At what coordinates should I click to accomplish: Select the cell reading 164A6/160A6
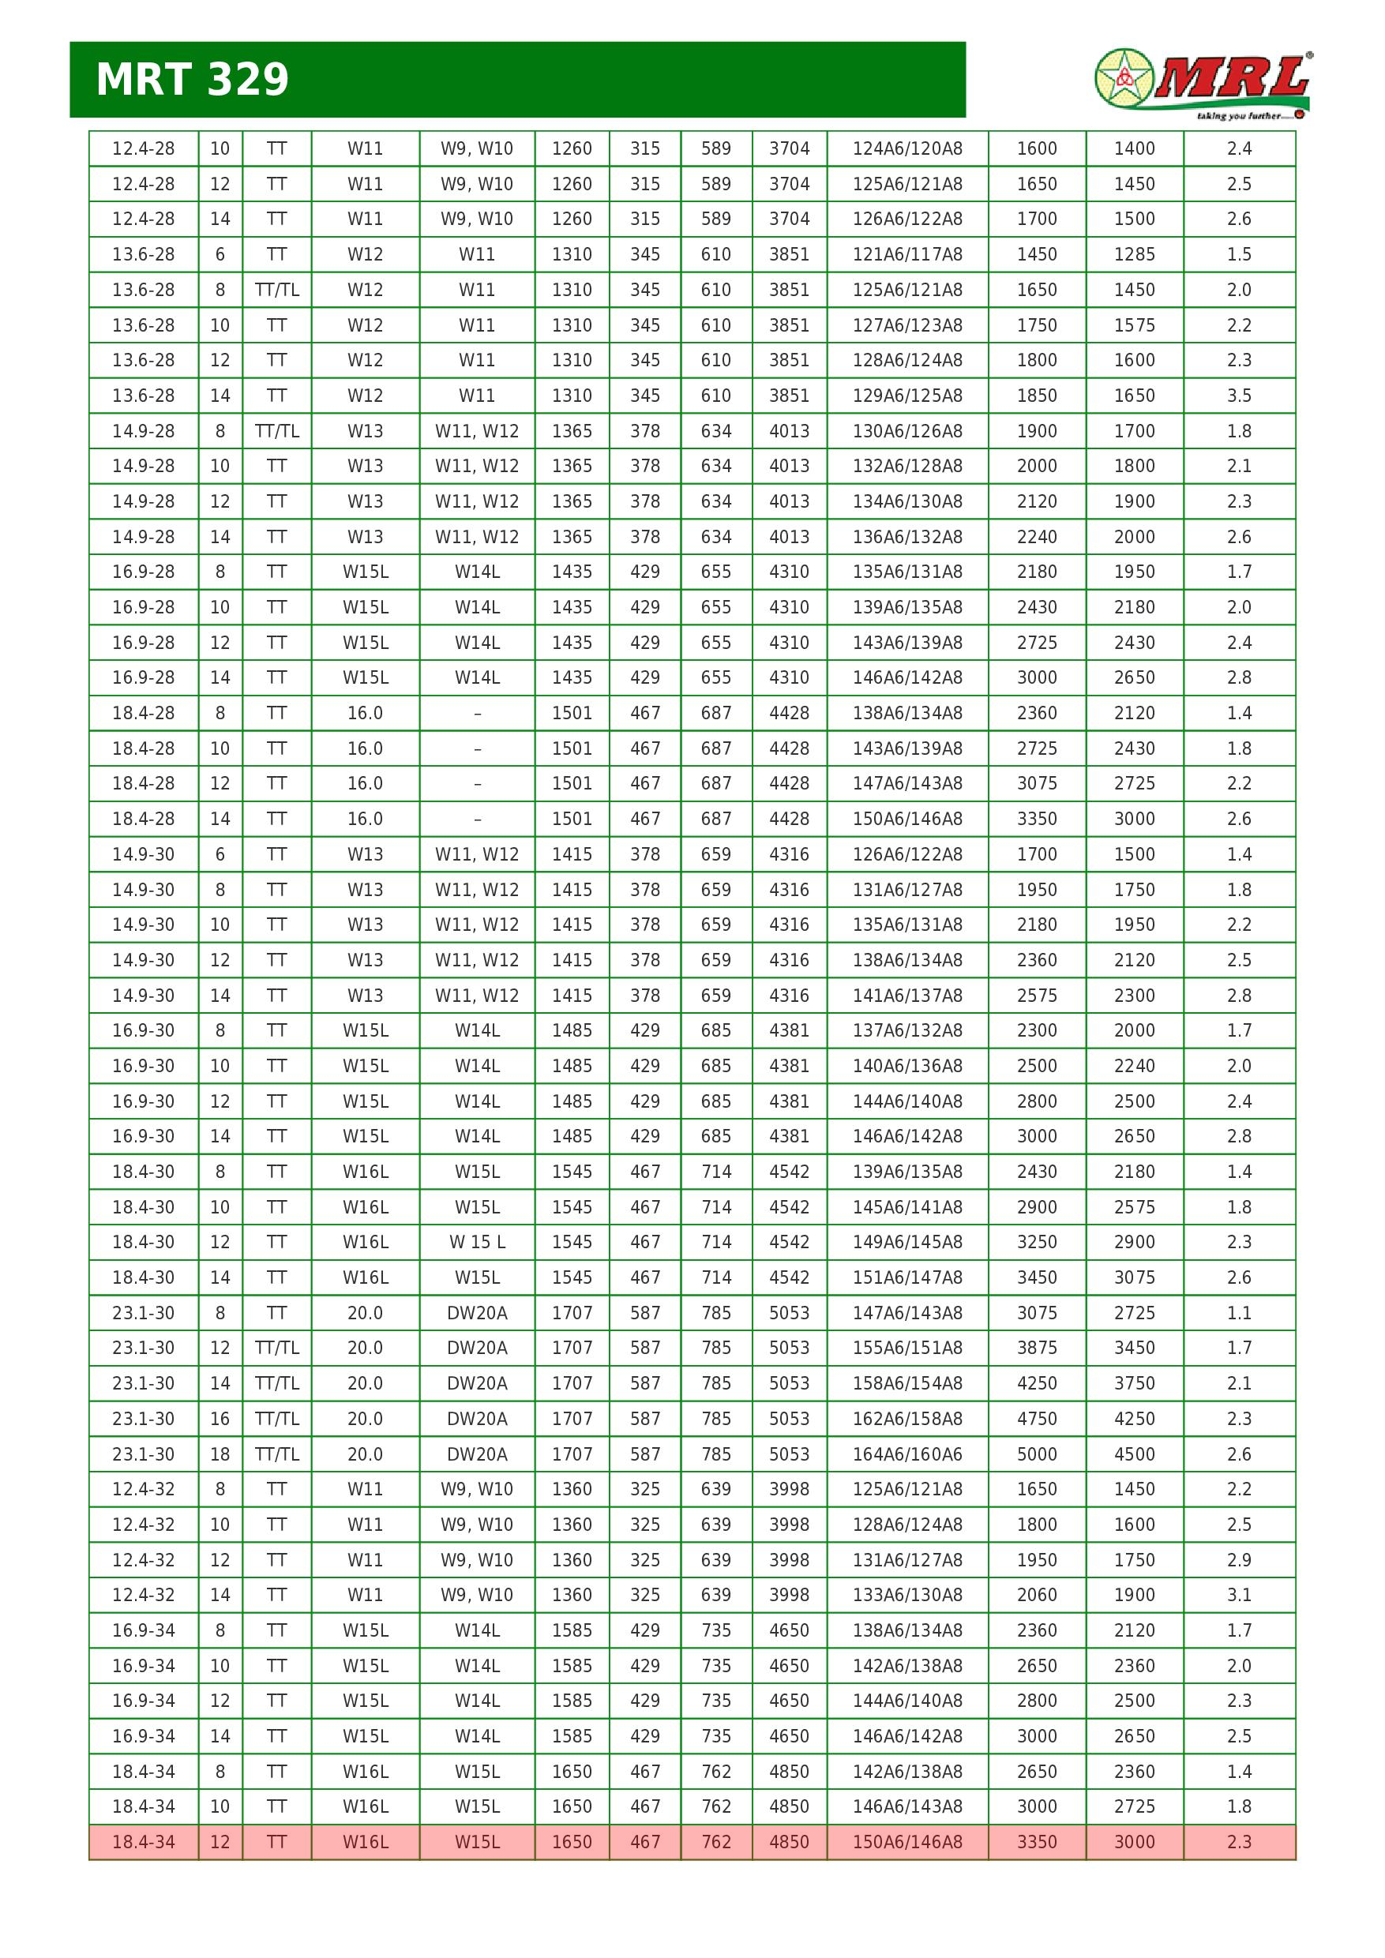click(906, 1454)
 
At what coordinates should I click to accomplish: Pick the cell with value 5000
click(1036, 1454)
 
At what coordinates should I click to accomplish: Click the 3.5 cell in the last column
click(1238, 396)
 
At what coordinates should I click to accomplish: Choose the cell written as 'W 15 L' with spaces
click(477, 1242)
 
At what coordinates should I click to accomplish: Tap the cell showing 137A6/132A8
click(906, 1030)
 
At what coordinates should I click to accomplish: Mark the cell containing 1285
click(1133, 254)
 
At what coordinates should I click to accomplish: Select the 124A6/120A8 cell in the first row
click(906, 148)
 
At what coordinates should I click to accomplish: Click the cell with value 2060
click(1036, 1595)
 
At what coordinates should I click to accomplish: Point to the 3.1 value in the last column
click(1238, 1595)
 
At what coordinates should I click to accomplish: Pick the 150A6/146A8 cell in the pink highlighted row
click(906, 1842)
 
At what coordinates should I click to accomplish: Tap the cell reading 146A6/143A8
click(906, 1806)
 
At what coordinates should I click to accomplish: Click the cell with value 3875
click(1036, 1348)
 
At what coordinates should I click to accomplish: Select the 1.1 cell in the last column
click(1238, 1312)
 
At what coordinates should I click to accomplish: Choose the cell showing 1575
click(1133, 325)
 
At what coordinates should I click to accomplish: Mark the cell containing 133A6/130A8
click(906, 1595)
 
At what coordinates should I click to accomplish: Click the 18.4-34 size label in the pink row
click(143, 1842)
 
